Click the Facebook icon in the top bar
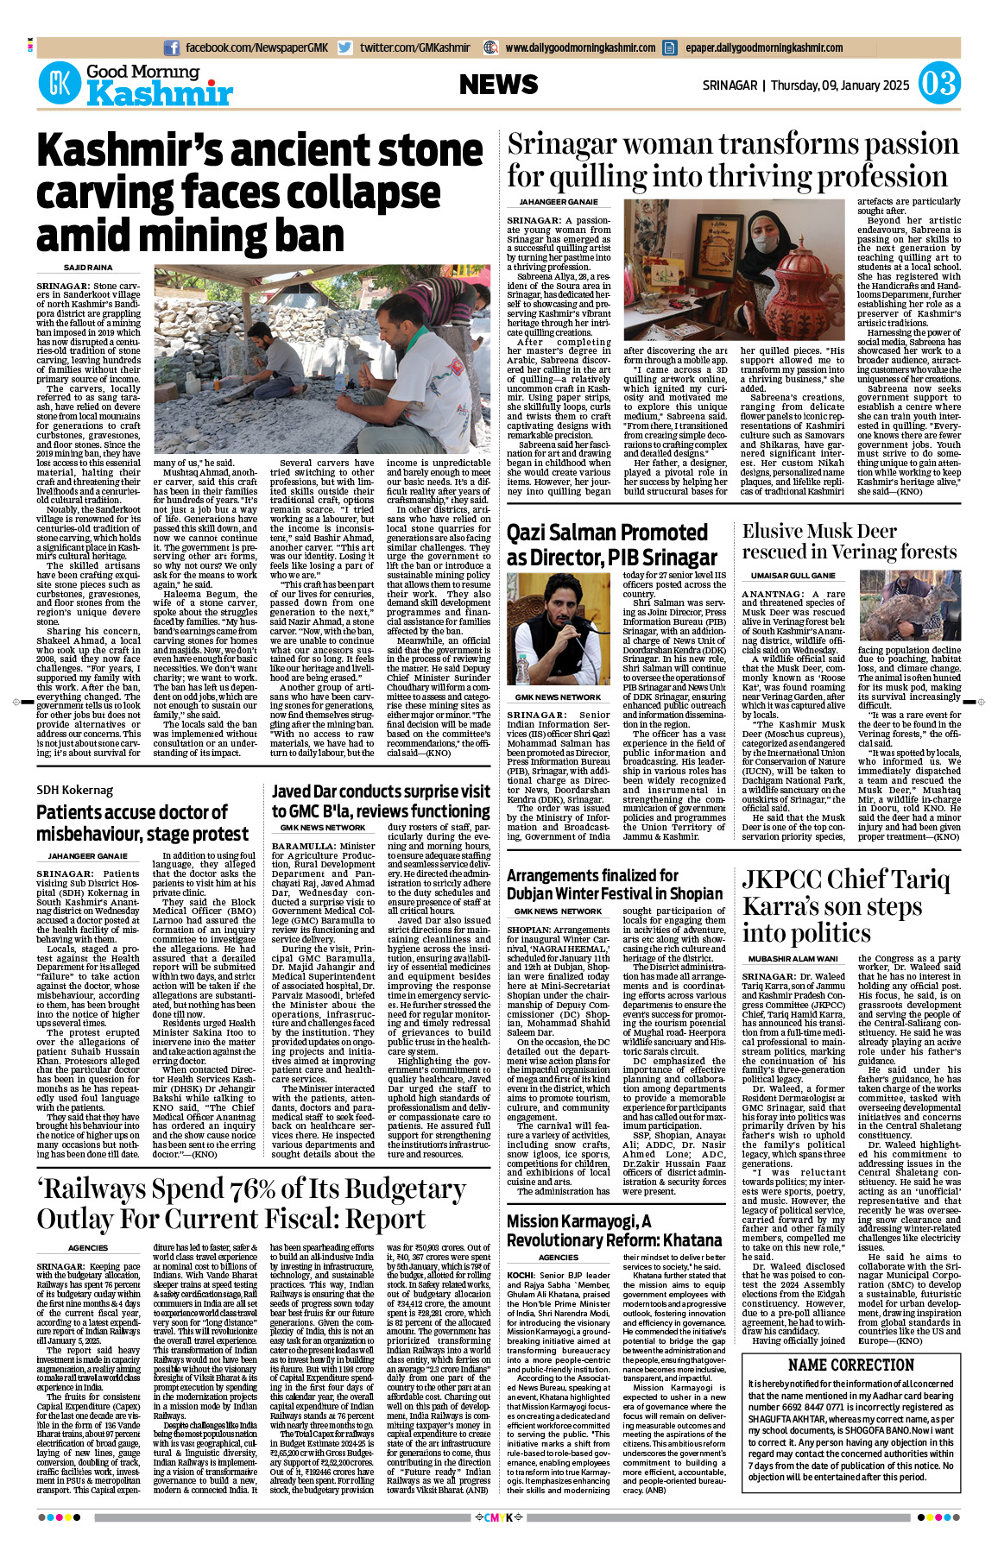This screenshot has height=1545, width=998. click(172, 47)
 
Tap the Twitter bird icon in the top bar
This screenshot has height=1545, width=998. click(345, 47)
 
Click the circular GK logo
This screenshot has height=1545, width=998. click(60, 84)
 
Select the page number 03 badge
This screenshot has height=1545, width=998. click(938, 84)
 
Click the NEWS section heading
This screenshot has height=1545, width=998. click(498, 85)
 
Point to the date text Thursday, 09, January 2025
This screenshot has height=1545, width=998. click(840, 85)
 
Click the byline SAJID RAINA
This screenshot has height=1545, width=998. click(88, 268)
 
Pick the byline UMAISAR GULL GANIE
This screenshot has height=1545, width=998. click(793, 575)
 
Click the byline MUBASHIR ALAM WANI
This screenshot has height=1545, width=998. click(793, 959)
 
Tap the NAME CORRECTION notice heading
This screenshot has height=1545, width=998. click(851, 1365)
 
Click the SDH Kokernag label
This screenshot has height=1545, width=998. click(74, 790)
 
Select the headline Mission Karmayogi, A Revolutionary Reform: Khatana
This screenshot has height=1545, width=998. click(614, 1231)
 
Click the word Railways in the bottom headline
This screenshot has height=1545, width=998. click(110, 1189)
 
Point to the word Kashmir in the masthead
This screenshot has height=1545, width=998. click(160, 93)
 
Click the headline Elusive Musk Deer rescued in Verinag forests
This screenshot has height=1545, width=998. click(850, 541)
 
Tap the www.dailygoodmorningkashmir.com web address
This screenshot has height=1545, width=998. click(580, 47)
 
